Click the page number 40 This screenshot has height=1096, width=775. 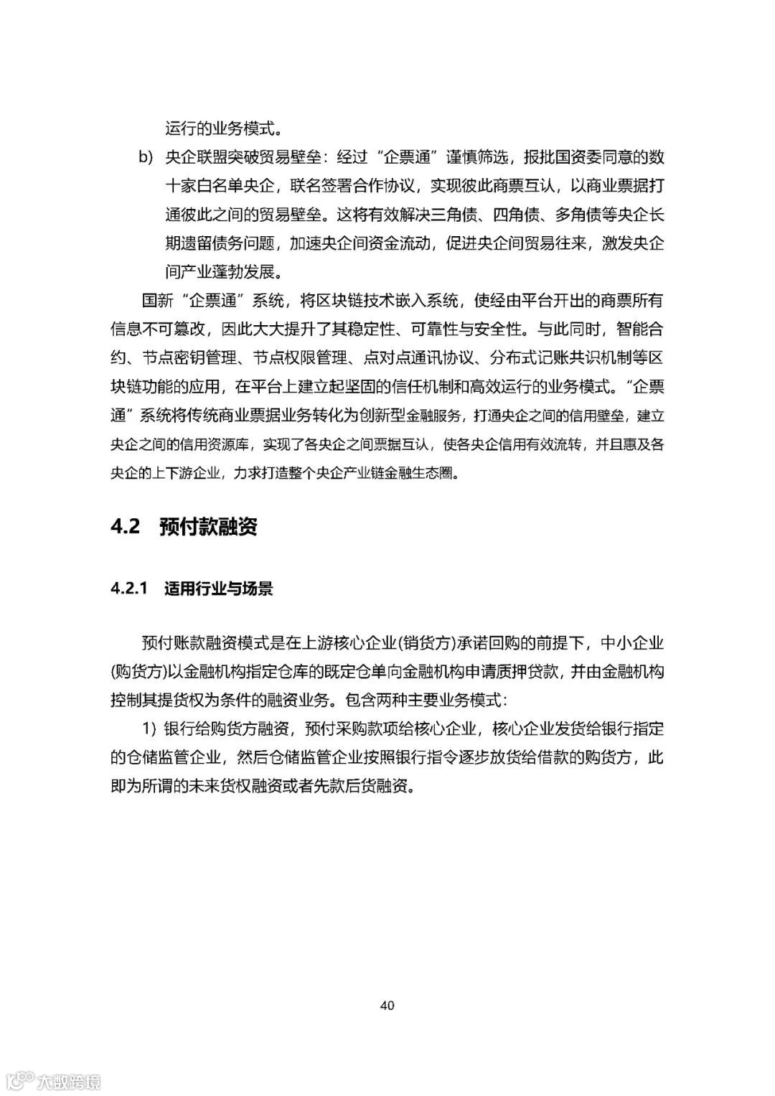click(387, 1006)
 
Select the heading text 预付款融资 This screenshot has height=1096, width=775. click(208, 527)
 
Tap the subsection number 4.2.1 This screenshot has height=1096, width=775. click(129, 589)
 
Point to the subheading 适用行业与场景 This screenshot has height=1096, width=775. click(218, 589)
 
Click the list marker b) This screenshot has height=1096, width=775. click(146, 156)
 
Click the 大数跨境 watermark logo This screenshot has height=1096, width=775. click(54, 1079)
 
